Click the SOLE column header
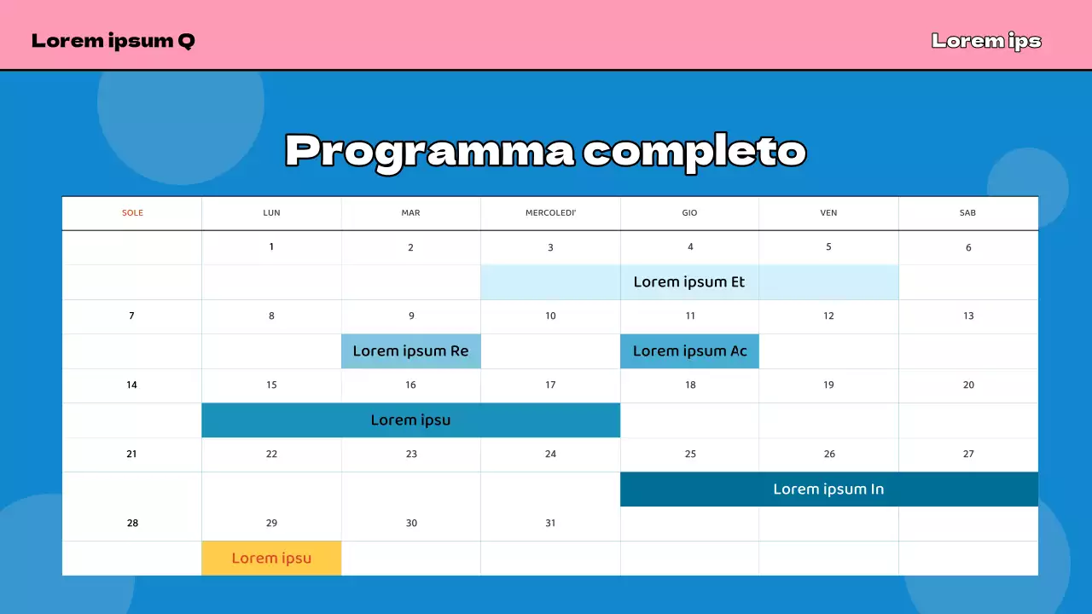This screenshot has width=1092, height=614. point(132,213)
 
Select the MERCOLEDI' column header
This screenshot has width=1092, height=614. point(550,213)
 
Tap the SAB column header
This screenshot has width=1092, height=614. point(967,213)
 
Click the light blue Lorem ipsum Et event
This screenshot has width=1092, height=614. point(689,282)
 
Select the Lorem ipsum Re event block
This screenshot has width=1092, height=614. point(410,351)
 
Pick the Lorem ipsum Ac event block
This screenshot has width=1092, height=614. point(689,351)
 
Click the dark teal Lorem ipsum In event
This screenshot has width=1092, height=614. point(828,489)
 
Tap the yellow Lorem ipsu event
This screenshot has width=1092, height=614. point(271,559)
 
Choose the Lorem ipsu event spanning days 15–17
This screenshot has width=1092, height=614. point(410,420)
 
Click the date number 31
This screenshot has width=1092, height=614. point(550,523)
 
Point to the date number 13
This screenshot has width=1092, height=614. point(968,316)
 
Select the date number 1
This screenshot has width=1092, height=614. point(271,246)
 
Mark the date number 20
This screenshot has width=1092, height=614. point(968,385)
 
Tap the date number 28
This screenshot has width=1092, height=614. point(132,523)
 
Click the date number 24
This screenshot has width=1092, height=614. point(550,454)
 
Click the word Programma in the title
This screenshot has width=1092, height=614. point(429,152)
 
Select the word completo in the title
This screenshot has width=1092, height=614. point(694,152)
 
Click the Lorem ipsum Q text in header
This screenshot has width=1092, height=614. point(113,41)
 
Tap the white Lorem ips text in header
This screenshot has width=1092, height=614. point(986,41)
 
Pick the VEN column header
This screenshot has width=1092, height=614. point(828,213)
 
